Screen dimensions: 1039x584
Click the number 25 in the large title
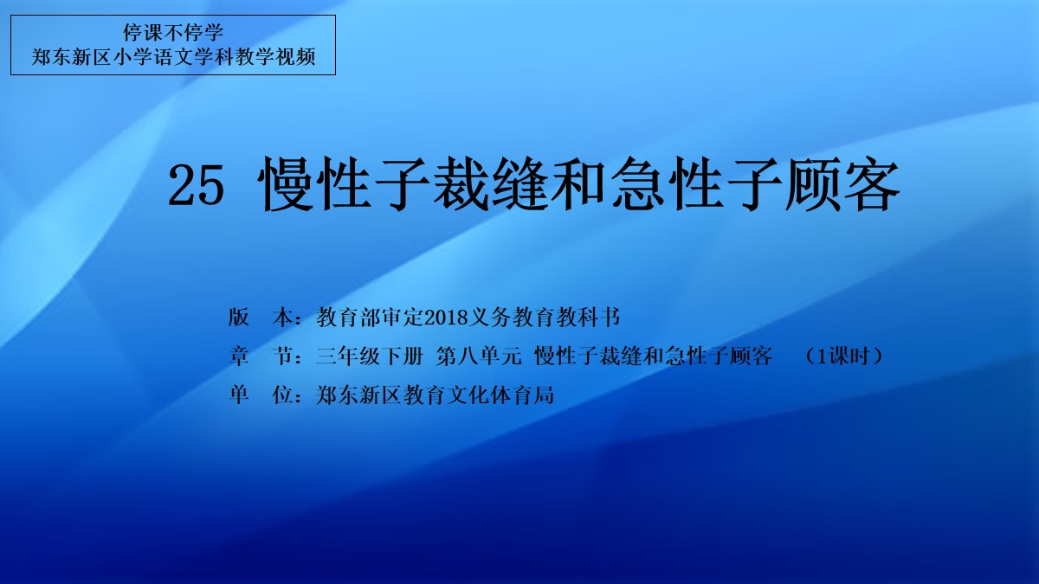click(x=197, y=186)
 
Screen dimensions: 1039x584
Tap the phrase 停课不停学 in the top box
click(x=173, y=33)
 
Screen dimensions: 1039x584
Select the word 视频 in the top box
click(x=296, y=57)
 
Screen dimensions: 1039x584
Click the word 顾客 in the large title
click(x=842, y=184)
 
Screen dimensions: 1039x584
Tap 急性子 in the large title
click(x=696, y=184)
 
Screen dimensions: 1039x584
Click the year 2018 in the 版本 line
click(x=446, y=318)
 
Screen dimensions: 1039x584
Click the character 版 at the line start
click(x=238, y=318)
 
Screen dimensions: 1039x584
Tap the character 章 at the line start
click(x=238, y=356)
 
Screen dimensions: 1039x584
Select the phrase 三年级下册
click(x=370, y=356)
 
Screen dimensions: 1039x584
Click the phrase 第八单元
click(x=479, y=356)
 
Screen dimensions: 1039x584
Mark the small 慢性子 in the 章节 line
click(x=566, y=356)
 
